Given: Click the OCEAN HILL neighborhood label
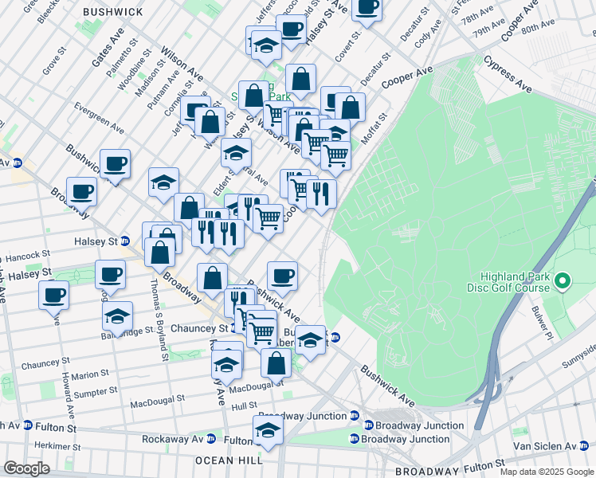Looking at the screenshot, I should point(229,460).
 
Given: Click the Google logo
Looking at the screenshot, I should point(26,468).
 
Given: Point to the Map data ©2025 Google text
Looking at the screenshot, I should point(547,472).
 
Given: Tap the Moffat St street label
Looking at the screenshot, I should point(371,131).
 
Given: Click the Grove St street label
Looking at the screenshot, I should point(53,61).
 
